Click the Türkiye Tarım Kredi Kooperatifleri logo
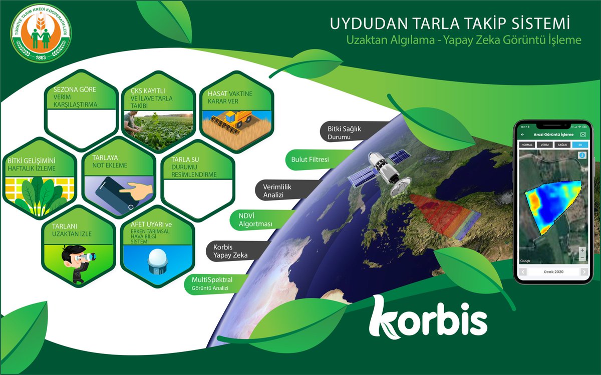41,34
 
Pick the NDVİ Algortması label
254,219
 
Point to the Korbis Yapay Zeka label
230,250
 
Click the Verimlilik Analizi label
281,190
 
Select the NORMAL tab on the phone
527,144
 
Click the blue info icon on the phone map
581,155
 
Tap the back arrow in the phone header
523,134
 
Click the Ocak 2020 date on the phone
552,271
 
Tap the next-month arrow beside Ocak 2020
583,271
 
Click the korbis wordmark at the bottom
428,317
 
